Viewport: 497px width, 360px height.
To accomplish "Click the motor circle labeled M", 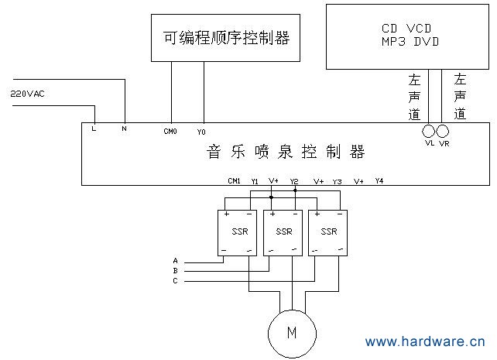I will pos(292,333).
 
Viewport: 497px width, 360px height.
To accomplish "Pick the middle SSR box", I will pos(283,231).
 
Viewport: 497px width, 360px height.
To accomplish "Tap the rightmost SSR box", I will pos(328,231).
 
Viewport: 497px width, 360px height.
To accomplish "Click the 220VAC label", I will pos(27,94).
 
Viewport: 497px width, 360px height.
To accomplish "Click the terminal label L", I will pos(94,129).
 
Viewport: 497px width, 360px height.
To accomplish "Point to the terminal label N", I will pos(124,129).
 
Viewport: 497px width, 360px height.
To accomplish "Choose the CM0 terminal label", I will pos(170,132).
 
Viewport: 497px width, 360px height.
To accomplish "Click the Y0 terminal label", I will pos(201,132).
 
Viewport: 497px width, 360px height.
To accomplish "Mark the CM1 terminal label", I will pos(234,181).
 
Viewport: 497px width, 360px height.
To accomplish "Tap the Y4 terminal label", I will pos(379,181).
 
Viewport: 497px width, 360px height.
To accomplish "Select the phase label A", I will pos(175,261).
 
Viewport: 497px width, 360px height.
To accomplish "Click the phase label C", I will pos(175,281).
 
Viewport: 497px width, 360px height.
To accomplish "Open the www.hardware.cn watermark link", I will pos(425,341).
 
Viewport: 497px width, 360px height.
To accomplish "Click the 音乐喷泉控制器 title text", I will pos(286,153).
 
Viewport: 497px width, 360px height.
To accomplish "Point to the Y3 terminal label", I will pos(337,181).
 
